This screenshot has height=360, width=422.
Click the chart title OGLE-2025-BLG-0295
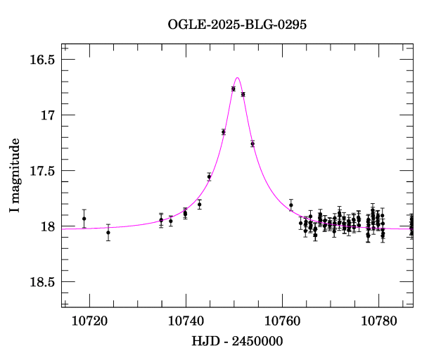tap(238, 25)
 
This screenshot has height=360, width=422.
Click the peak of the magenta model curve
tap(238, 77)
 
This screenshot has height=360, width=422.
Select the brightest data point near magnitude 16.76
tap(233, 89)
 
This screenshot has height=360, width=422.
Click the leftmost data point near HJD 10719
tap(84, 219)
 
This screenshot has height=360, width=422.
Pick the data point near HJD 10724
tap(108, 232)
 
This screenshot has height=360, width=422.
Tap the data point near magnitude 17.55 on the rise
tap(209, 176)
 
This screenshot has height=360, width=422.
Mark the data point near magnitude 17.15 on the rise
tap(223, 131)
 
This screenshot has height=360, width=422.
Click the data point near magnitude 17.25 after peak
tap(252, 143)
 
